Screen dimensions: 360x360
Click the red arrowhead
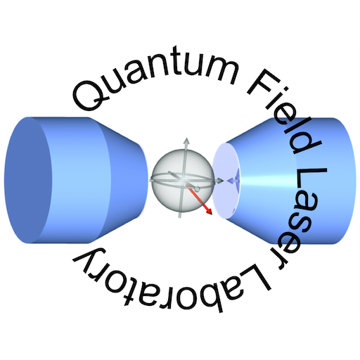point(208,211)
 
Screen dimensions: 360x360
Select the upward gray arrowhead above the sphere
point(186,141)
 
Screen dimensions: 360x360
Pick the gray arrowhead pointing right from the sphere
point(219,181)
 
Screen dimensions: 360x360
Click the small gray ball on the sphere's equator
point(198,188)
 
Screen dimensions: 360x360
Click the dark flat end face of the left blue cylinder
point(27,180)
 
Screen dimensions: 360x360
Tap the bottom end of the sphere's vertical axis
point(180,217)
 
